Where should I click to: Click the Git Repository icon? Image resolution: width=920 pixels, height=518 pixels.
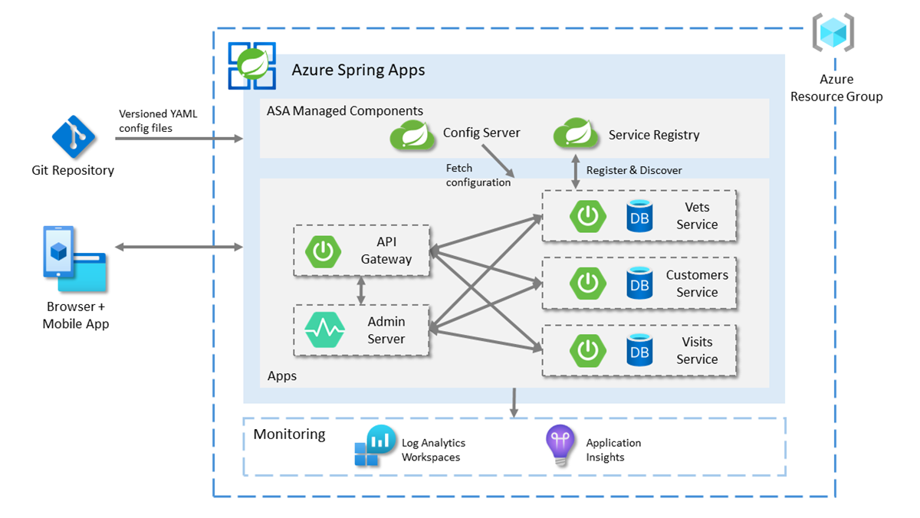[x=74, y=136]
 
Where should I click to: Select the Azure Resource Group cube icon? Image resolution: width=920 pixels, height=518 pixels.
[x=833, y=33]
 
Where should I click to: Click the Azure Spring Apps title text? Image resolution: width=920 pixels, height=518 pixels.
[x=358, y=70]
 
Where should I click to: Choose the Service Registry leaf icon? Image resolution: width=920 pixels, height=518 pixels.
[x=576, y=134]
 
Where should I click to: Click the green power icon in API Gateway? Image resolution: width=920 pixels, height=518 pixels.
[x=324, y=251]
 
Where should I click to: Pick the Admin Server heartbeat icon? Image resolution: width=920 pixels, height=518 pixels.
[x=324, y=330]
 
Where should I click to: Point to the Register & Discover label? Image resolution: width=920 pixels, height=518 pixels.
[x=634, y=170]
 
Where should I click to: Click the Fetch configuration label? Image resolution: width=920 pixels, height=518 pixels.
[x=478, y=175]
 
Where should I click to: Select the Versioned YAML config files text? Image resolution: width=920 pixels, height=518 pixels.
[x=157, y=121]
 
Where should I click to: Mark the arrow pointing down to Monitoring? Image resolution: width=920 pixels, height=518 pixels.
[x=514, y=403]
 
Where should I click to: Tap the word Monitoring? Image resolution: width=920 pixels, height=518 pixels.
[x=289, y=434]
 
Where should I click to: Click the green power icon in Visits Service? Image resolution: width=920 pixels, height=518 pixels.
[x=588, y=349]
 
